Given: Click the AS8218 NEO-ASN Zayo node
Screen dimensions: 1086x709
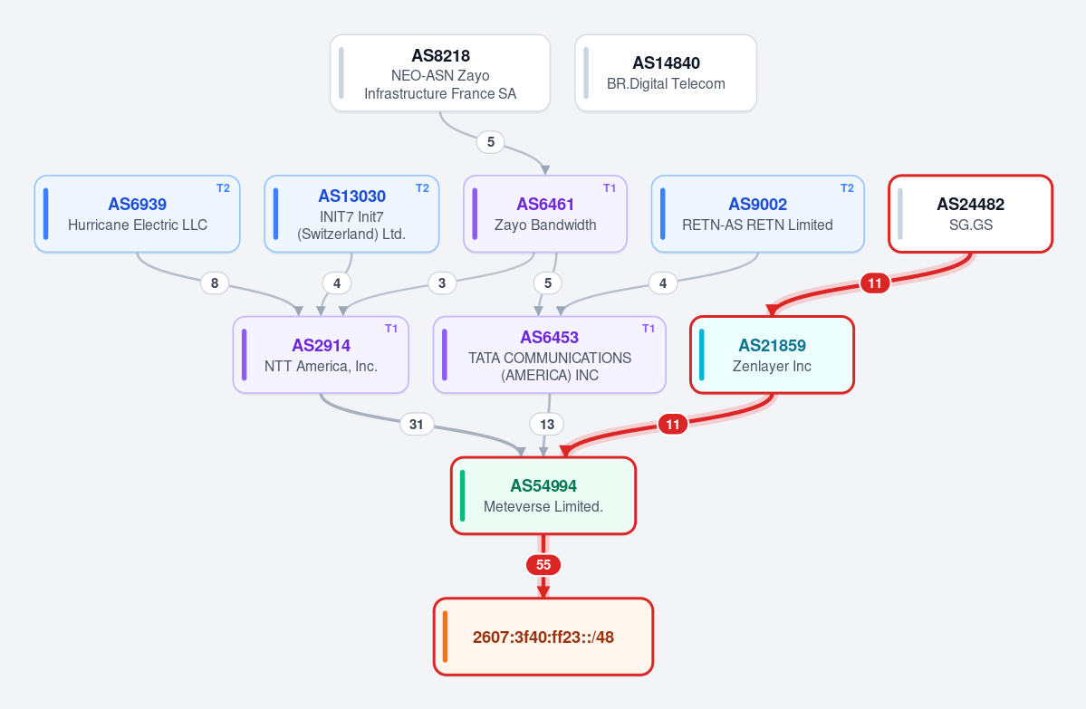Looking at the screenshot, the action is point(440,72).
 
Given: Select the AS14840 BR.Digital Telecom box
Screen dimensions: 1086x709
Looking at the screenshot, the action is point(666,72).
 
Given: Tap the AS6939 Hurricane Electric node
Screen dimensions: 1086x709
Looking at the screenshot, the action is point(137,214).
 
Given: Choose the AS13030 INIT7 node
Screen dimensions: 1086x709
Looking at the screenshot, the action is point(351,214).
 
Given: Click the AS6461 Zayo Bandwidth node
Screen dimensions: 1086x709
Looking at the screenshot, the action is point(545,214).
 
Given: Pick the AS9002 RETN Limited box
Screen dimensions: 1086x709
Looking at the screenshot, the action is point(758,214).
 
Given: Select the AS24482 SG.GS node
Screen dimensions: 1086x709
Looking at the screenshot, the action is point(970,214).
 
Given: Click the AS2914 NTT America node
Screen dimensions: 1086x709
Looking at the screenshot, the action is point(321,355).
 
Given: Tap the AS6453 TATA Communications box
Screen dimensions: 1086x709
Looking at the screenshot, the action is point(549,355).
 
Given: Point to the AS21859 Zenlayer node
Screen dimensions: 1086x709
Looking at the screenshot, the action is point(773,355).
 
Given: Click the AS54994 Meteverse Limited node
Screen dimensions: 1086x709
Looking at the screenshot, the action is point(543,495).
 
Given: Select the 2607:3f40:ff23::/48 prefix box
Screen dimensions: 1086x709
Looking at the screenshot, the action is point(543,637).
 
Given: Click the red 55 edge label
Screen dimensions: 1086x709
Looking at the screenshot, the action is point(543,565).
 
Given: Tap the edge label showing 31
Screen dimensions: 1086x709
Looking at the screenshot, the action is point(417,425).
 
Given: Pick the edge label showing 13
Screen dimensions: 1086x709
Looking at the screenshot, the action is point(547,425).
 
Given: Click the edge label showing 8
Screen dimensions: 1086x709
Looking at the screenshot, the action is point(215,283).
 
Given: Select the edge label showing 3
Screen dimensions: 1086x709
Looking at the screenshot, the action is point(442,283).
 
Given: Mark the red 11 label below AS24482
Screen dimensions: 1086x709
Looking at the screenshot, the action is point(875,283).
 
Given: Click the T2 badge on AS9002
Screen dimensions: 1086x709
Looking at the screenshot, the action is point(847,188).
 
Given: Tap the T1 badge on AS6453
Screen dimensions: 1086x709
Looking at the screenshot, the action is point(649,329).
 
